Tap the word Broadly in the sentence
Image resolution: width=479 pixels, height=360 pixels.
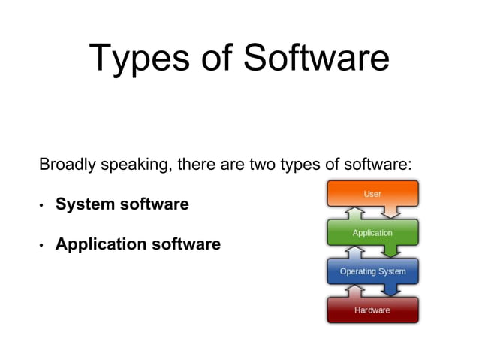(x=66, y=164)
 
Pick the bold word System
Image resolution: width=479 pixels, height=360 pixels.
(x=86, y=204)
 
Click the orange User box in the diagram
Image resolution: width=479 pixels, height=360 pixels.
(x=372, y=193)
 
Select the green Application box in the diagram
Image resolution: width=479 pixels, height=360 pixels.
(x=372, y=232)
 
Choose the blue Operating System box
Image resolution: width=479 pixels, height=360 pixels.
(x=372, y=271)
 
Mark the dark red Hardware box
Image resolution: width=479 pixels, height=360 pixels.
(x=372, y=310)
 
